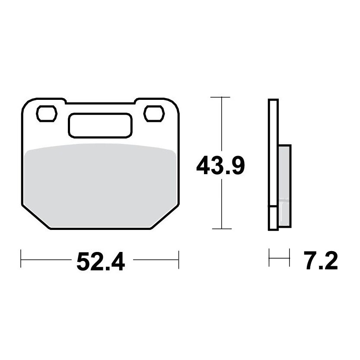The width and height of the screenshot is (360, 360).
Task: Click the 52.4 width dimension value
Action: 101,262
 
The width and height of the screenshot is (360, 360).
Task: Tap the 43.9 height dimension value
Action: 221,165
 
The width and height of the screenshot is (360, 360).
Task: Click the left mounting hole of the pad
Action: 47,114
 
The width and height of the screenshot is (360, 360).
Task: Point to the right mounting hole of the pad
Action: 154,114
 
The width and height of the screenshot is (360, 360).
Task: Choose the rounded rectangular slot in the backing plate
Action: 100,126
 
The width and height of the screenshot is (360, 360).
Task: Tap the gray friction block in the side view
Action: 285,186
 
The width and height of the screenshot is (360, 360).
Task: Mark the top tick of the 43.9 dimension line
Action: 220,97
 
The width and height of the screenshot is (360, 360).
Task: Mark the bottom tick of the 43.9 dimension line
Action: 222,229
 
